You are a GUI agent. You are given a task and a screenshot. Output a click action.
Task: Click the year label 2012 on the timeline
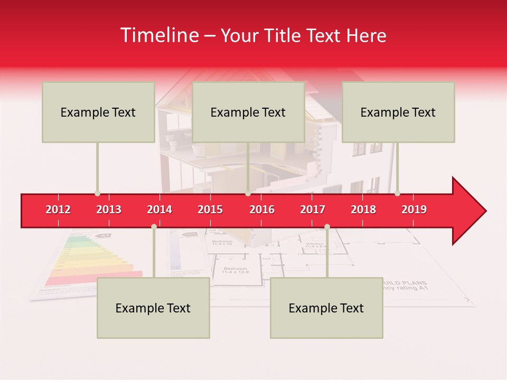58,210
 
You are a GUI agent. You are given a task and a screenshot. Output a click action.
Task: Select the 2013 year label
109,210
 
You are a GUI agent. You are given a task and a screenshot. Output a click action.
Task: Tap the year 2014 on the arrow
159,210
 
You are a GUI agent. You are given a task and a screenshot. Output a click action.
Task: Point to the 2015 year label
210,210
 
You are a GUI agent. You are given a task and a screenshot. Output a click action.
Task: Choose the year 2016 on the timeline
262,210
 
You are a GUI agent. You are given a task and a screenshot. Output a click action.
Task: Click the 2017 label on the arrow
313,210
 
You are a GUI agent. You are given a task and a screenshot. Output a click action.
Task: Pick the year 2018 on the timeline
363,210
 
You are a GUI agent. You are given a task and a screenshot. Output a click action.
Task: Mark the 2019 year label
414,210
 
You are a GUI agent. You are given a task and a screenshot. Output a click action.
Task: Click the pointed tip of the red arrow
485,211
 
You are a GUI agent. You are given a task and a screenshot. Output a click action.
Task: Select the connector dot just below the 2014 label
154,226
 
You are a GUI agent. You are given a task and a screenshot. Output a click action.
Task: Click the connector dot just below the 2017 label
327,226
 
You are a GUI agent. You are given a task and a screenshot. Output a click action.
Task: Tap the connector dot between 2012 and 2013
97,194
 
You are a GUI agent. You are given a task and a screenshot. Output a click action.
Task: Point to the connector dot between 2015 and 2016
248,194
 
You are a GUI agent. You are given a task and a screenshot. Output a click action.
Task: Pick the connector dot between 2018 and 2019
397,194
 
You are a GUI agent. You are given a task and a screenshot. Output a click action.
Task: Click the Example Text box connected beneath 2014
153,308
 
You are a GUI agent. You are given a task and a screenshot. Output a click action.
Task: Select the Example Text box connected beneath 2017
326,308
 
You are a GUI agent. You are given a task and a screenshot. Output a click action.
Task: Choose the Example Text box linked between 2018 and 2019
398,112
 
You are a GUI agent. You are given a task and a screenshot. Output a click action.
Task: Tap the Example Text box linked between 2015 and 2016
248,112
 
